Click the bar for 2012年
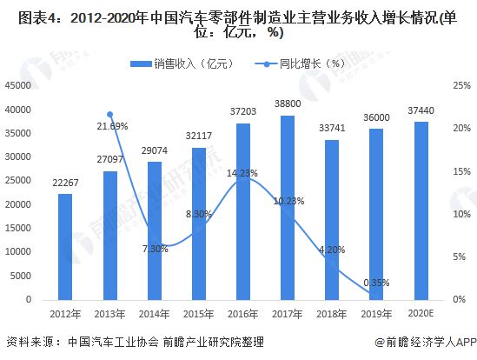coord(64,247)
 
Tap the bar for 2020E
coord(421,211)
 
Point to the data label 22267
coord(64,183)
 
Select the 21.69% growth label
coord(112,126)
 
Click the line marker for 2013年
coord(109,114)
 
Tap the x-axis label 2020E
coord(421,313)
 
